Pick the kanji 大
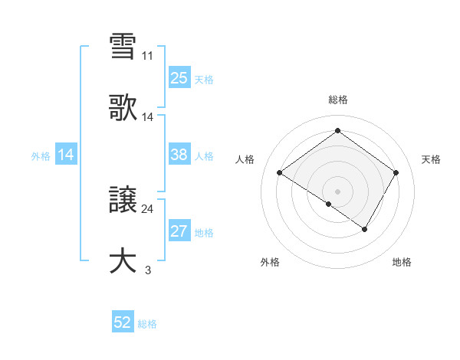123,260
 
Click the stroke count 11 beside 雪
147,56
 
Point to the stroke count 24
147,208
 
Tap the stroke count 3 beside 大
147,270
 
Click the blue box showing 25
179,77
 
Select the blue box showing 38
179,155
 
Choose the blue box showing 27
179,232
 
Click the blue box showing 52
123,323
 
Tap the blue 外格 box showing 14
65,155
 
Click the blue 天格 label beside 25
204,79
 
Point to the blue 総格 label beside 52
147,324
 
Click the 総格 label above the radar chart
337,100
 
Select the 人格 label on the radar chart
246,159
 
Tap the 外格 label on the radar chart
269,262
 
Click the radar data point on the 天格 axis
396,173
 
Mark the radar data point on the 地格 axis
365,229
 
